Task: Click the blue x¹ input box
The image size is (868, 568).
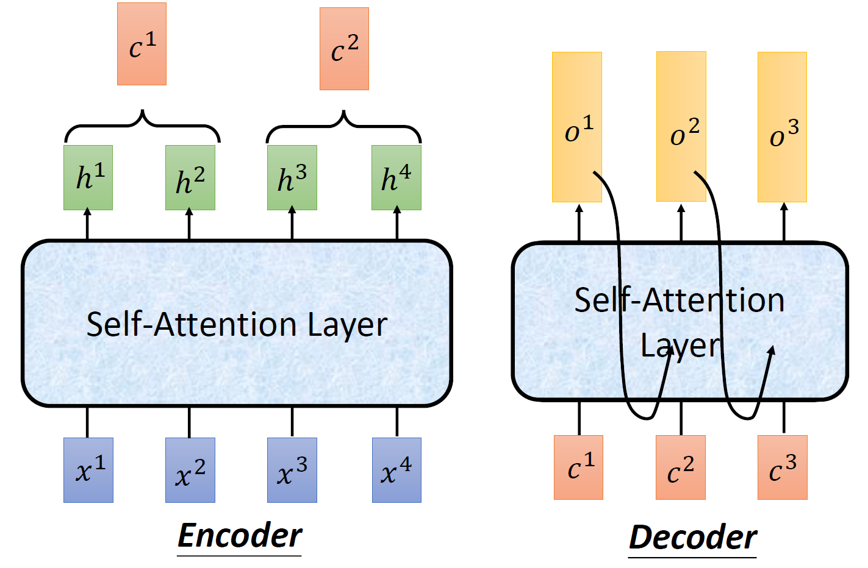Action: click(88, 470)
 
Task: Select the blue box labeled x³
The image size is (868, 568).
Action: click(292, 470)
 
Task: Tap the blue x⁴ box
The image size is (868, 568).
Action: click(396, 470)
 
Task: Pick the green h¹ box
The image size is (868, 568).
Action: click(88, 177)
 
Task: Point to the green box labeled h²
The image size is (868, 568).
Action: click(190, 177)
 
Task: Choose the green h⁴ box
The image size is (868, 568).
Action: click(396, 177)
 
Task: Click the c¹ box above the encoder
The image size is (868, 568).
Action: click(142, 44)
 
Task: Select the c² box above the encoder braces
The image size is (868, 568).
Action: click(344, 49)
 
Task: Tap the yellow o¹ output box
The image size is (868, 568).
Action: click(577, 127)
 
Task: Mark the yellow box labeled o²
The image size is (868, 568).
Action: click(681, 126)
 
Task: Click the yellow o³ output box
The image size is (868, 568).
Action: click(782, 127)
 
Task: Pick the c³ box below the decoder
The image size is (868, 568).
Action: click(783, 467)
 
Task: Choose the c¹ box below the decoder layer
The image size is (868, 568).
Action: click(578, 467)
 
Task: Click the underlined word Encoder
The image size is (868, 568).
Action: click(240, 536)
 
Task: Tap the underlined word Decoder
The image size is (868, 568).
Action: click(692, 538)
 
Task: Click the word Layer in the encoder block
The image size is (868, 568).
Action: click(347, 325)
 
